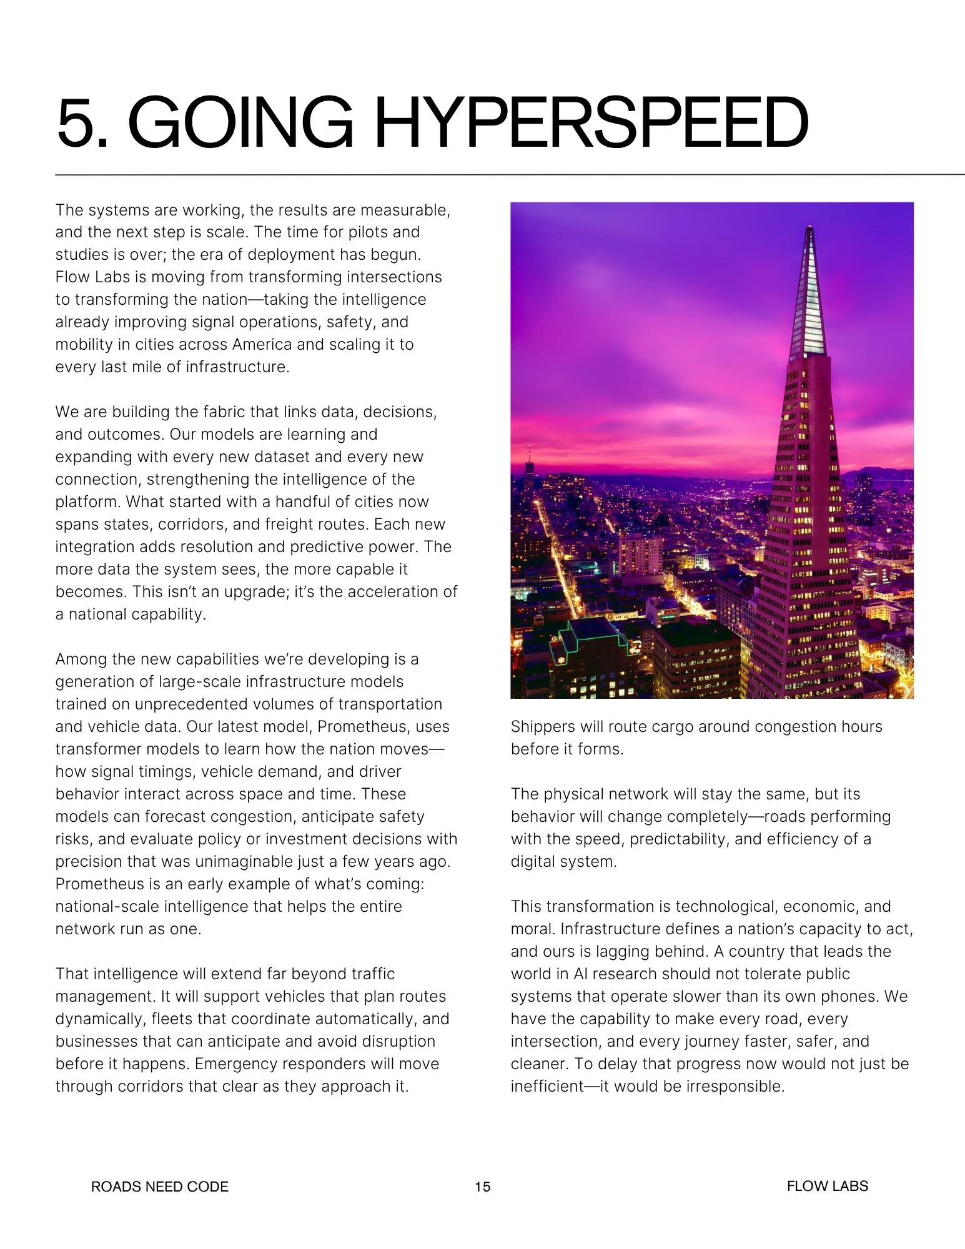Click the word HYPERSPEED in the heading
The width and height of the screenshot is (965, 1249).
coord(590,122)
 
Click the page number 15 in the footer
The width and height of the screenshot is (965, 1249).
coord(482,1187)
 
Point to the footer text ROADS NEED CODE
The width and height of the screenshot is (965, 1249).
coord(160,1187)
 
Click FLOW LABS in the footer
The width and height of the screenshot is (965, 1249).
coord(827,1186)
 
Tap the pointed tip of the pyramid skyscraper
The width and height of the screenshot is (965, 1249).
coord(810,229)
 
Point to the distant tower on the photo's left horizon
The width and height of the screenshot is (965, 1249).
coord(529,462)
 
